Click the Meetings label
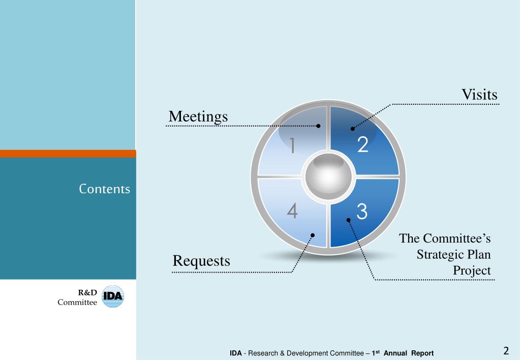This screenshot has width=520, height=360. point(198,116)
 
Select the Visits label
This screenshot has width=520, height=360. point(479,95)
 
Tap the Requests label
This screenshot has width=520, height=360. point(201,261)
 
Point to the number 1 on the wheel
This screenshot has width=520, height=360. point(292,146)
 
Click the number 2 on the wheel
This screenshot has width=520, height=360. point(362,145)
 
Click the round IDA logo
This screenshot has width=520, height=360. point(113,297)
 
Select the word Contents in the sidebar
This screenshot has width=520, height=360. point(105,189)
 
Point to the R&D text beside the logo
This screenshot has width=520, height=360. point(87,292)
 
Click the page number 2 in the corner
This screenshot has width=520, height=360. point(506,350)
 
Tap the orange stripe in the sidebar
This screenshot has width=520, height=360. point(68,154)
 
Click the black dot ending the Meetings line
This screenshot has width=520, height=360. point(319,126)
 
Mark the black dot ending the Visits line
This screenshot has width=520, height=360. point(353,129)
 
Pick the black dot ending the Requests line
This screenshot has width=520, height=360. point(313,235)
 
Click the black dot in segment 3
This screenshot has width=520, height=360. point(349,220)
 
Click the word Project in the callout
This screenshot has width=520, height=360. point(472,271)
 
